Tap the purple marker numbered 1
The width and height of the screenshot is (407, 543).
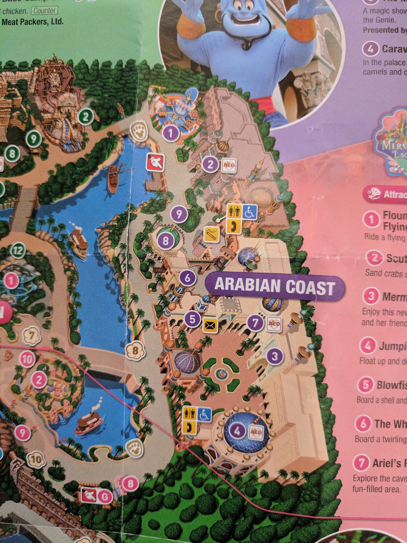tap(171, 132)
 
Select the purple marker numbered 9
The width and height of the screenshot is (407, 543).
tap(179, 214)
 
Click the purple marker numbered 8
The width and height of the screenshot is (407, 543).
tap(166, 241)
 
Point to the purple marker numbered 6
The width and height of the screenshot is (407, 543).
tap(188, 278)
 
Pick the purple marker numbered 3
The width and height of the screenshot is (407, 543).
tap(275, 356)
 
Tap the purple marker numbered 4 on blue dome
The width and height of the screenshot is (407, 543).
tap(237, 431)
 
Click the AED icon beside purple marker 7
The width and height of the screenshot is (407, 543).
tap(274, 323)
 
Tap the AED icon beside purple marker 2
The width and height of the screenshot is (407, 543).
tap(228, 165)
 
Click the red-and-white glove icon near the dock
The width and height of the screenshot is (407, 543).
tap(155, 162)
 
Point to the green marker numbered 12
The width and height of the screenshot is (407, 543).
tap(18, 251)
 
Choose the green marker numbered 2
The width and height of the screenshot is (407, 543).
tap(86, 117)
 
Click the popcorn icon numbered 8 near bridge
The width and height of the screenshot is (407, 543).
tap(135, 350)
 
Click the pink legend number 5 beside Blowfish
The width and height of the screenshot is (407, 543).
tap(366, 385)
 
